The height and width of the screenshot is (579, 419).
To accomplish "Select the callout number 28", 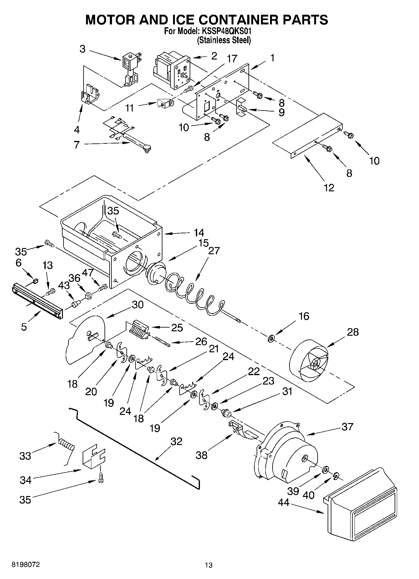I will [353, 332].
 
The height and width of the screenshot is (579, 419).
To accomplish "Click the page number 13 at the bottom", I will [209, 565].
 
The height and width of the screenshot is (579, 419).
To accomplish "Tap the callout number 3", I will [82, 49].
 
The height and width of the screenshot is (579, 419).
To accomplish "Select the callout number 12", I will [329, 188].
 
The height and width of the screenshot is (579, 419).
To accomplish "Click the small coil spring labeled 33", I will [66, 444].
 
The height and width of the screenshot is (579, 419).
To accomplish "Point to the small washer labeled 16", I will [271, 338].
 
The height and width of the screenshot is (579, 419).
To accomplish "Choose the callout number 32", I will [176, 441].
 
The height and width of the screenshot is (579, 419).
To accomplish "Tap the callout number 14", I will [199, 233].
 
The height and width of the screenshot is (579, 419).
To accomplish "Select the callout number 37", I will [347, 426].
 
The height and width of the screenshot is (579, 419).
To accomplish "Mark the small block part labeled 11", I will [164, 104].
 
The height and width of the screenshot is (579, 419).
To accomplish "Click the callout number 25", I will [177, 328].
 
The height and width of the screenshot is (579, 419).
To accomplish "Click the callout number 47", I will [88, 272].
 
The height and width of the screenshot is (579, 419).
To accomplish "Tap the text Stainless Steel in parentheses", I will [224, 40].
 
